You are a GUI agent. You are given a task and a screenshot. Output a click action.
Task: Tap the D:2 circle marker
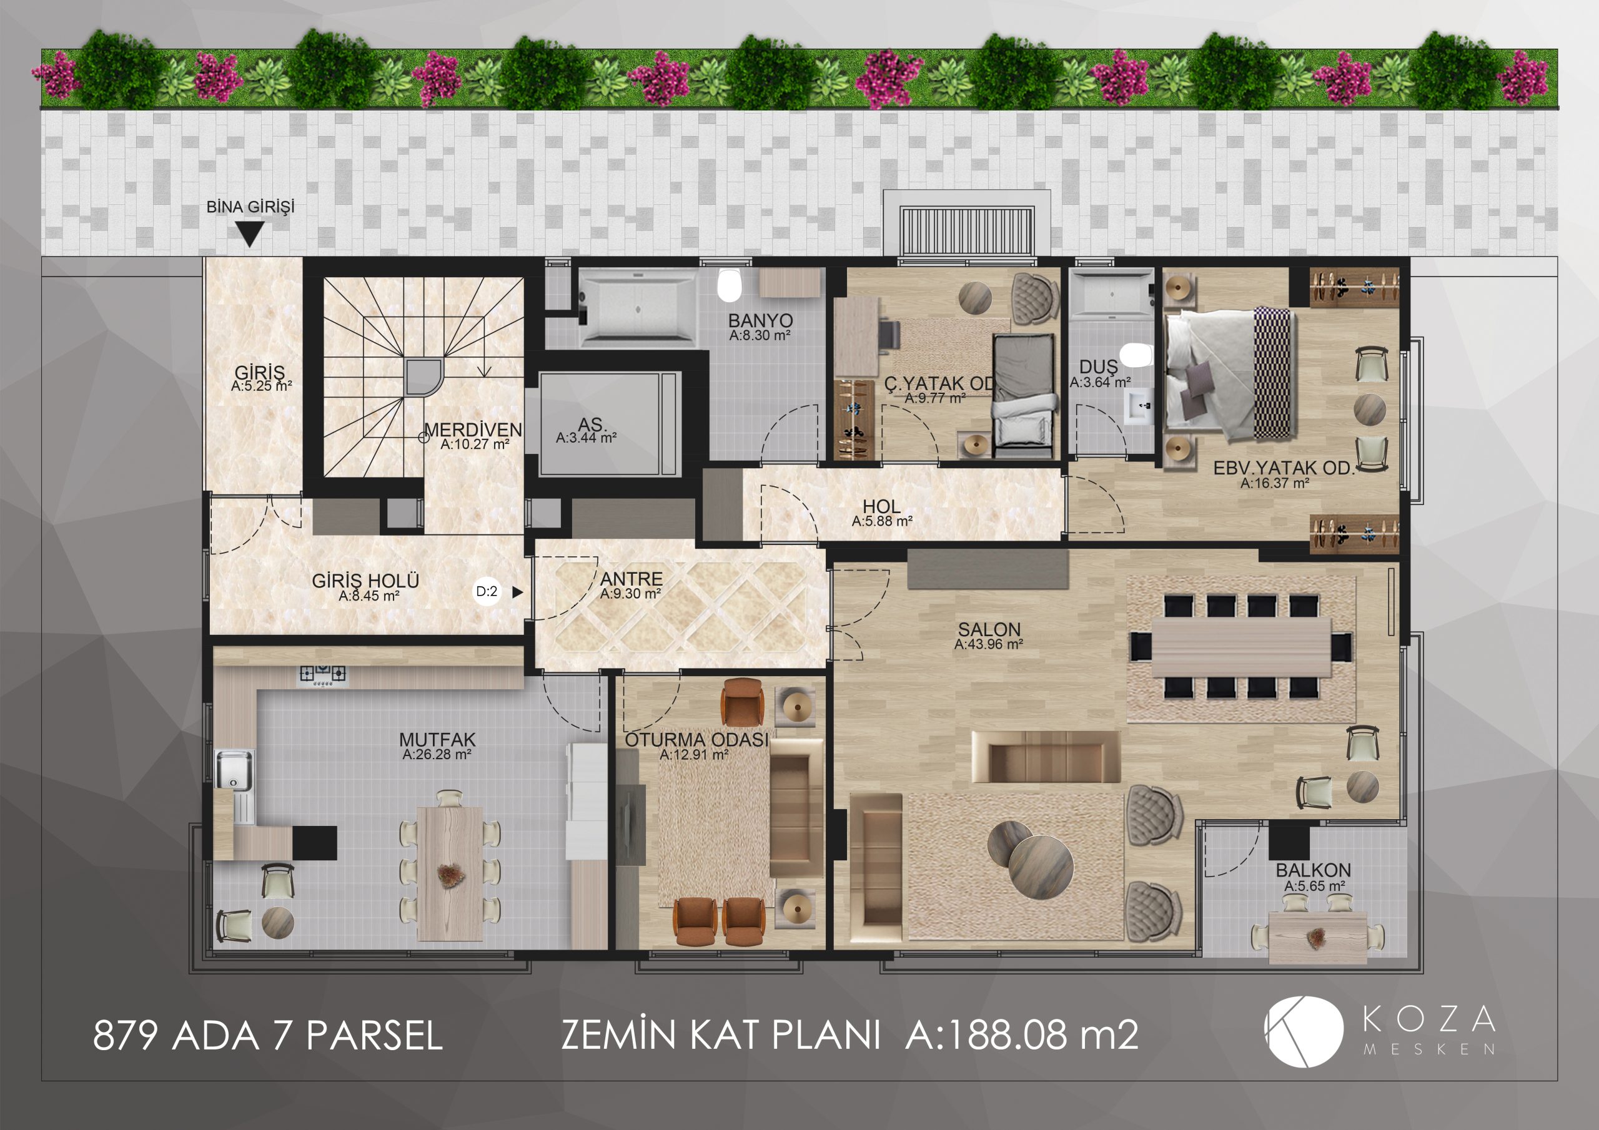pos(487,592)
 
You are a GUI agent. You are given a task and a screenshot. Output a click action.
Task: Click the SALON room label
pos(989,629)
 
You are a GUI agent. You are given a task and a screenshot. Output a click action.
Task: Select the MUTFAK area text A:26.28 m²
pos(437,755)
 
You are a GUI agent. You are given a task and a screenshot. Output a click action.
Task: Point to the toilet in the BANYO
pos(729,285)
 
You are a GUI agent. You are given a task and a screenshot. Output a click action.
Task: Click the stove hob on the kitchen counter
pos(323,675)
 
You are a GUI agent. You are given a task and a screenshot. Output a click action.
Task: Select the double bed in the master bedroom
pos(1229,373)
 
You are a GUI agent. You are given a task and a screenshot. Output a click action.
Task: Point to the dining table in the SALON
pos(1241,647)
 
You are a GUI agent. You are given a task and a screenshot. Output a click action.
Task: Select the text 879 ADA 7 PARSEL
pos(268,1034)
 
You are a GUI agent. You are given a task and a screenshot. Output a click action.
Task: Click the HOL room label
pos(882,506)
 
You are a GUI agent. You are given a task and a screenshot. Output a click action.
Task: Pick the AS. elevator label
pos(592,424)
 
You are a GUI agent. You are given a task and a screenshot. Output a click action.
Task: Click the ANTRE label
pos(631,579)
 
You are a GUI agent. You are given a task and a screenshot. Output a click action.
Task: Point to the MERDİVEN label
pos(473,430)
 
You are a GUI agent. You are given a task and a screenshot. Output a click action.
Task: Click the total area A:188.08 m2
pos(1022,1034)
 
